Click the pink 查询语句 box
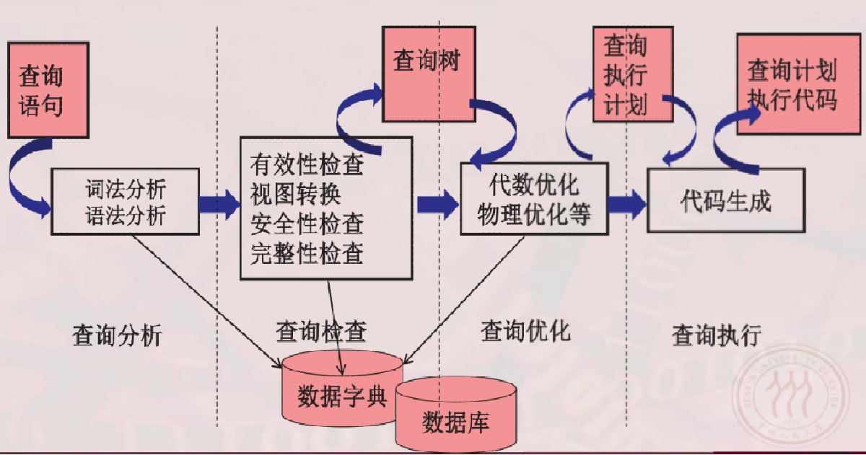[48, 89]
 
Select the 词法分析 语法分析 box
[126, 202]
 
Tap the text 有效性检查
[307, 165]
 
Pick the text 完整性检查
[307, 253]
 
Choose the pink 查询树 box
[429, 74]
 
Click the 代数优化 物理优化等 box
[533, 198]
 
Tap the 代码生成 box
[725, 200]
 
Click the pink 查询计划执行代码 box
[792, 84]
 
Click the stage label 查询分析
[118, 335]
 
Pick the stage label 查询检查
[321, 332]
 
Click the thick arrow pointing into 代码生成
[628, 202]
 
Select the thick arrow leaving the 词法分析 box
[219, 203]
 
